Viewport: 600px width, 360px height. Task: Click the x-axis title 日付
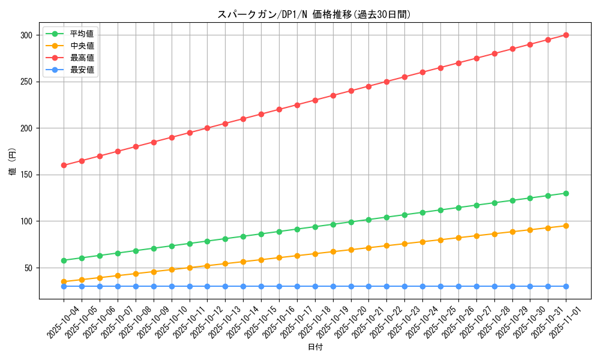coord(315,347)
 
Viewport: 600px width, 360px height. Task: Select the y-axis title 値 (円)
coord(13,163)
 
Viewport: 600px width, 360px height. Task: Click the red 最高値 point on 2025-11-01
coord(566,35)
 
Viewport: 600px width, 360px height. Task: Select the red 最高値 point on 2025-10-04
coord(64,165)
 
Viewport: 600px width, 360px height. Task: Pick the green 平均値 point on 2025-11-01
coord(566,193)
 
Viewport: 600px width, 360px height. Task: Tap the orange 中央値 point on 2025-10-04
coord(64,281)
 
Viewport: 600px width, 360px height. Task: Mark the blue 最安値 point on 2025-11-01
coord(566,286)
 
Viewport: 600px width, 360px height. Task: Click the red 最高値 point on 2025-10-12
coord(207,128)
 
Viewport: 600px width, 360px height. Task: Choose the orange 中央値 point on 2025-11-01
coord(566,226)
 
